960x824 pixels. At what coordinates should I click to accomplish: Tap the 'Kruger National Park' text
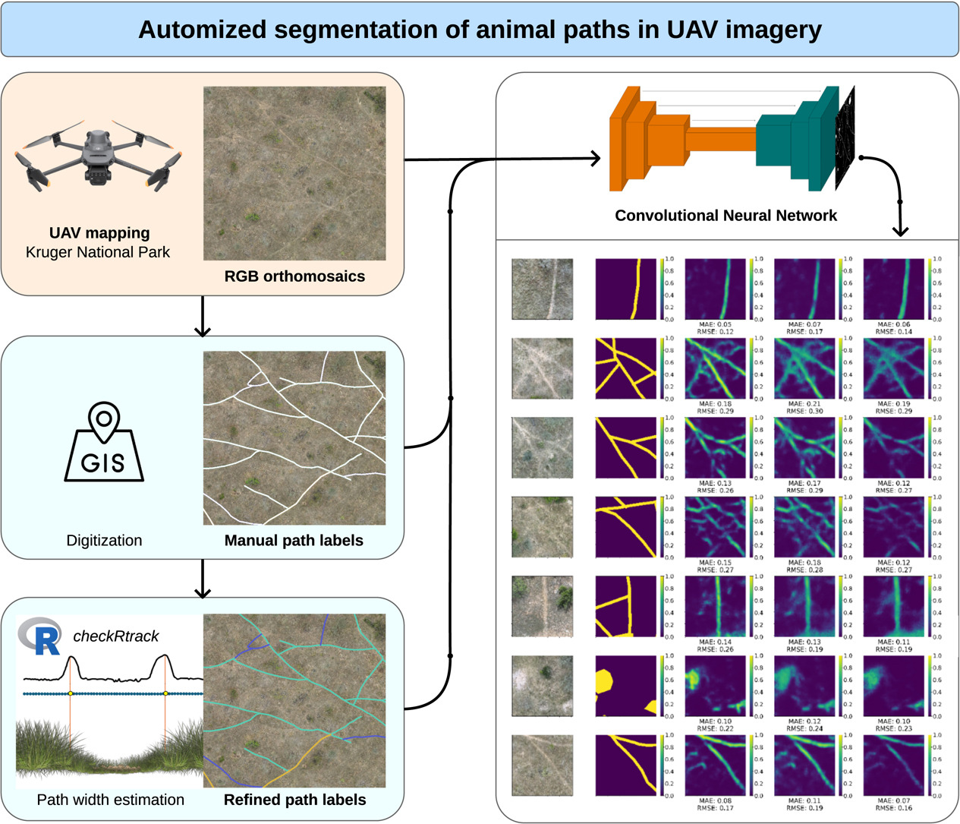pyautogui.click(x=98, y=252)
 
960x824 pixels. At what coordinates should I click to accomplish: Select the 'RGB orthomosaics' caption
pyautogui.click(x=294, y=276)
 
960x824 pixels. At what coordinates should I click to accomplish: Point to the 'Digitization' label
pyautogui.click(x=104, y=541)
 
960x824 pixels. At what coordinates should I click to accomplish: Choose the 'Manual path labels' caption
pyautogui.click(x=294, y=541)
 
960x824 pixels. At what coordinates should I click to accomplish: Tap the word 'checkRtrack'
pyautogui.click(x=115, y=636)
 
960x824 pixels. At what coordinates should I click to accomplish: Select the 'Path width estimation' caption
pyautogui.click(x=110, y=800)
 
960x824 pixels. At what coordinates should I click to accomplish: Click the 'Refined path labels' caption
pyautogui.click(x=294, y=800)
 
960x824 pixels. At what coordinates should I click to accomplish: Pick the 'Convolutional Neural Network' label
pyautogui.click(x=726, y=216)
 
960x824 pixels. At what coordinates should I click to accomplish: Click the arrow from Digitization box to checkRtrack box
pyautogui.click(x=203, y=579)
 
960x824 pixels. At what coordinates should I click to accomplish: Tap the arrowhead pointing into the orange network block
pyautogui.click(x=594, y=159)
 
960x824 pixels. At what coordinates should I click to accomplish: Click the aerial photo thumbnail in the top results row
pyautogui.click(x=542, y=289)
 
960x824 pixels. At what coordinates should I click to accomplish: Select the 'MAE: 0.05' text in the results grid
pyautogui.click(x=716, y=324)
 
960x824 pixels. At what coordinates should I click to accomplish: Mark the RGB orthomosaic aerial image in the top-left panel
pyautogui.click(x=294, y=173)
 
